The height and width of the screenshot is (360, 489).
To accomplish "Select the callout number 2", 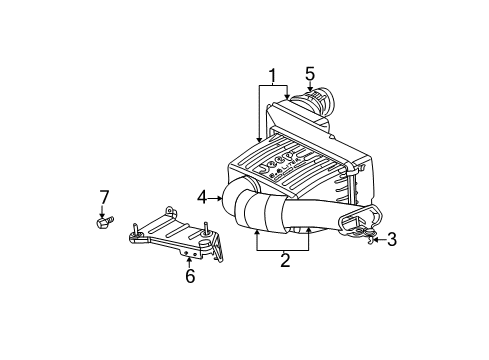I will pyautogui.click(x=285, y=261).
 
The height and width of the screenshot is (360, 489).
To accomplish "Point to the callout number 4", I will pyautogui.click(x=202, y=196).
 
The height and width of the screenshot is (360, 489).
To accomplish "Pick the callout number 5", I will pyautogui.click(x=310, y=73).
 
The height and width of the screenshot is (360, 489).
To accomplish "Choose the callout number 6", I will pyautogui.click(x=190, y=277).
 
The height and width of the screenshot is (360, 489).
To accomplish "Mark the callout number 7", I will pyautogui.click(x=103, y=196).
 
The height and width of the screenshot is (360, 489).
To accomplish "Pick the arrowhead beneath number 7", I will pyautogui.click(x=103, y=211).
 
